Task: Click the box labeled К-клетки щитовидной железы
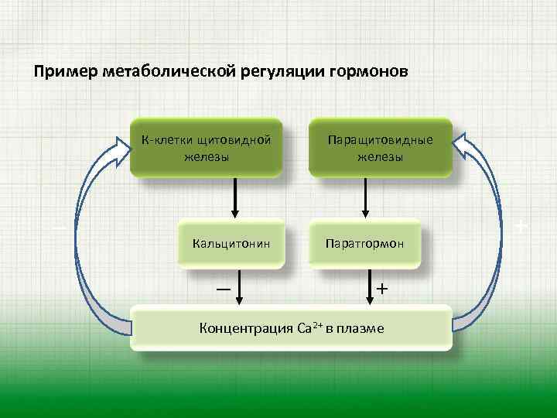pos(206,147)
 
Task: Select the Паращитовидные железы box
pos(380,147)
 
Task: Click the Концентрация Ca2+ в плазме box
pos(291,328)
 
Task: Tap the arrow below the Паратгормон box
pos(370,287)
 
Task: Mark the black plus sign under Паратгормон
pos(382,289)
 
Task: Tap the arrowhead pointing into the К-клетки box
pos(120,148)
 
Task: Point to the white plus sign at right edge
pos(521,228)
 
